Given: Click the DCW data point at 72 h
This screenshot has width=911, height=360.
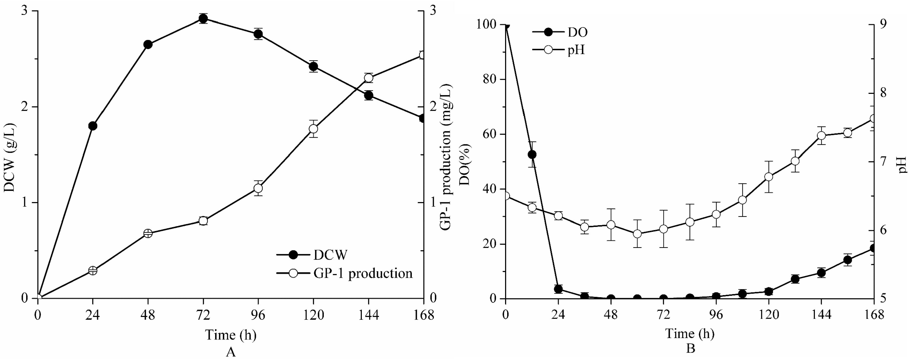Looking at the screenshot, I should click(x=203, y=18).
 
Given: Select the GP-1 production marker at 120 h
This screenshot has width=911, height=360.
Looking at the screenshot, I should click(x=313, y=129).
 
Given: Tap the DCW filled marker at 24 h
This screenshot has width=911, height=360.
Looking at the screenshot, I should click(x=93, y=126).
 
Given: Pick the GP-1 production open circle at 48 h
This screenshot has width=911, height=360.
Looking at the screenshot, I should click(x=148, y=233).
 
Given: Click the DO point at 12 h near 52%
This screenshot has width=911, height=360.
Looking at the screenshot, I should click(x=532, y=155).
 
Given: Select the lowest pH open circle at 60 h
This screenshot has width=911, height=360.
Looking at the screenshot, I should click(x=637, y=234).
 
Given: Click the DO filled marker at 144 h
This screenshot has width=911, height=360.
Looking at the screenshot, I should click(x=821, y=273).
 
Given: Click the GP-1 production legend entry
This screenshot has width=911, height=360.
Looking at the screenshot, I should click(x=363, y=273).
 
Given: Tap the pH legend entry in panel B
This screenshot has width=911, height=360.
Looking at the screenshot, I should click(x=576, y=50).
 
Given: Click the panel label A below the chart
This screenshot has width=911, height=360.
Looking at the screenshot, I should click(x=231, y=352).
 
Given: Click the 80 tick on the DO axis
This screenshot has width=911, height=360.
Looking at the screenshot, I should click(x=489, y=79).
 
